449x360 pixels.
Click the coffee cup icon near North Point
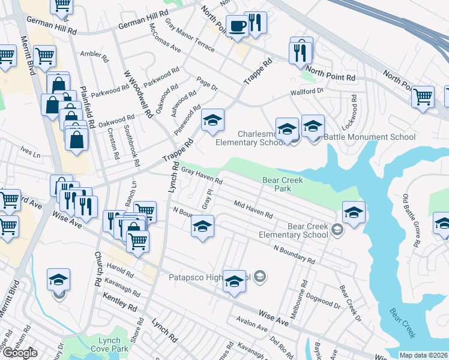pyautogui.click(x=237, y=26)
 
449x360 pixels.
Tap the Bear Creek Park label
pyautogui.click(x=283, y=184)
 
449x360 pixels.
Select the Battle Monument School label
pyautogui.click(x=369, y=137)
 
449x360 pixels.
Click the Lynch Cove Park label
pyautogui.click(x=114, y=344)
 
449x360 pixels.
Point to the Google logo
pyautogui.click(x=20, y=353)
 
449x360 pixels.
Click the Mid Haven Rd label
pyautogui.click(x=253, y=209)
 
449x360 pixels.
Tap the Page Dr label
pyautogui.click(x=206, y=83)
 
